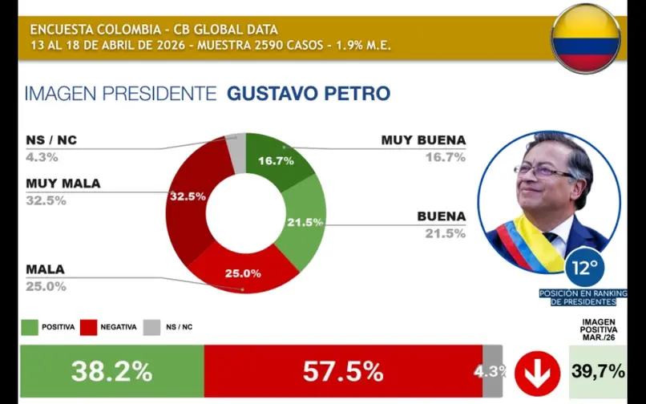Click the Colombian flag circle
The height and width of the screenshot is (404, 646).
[586, 38]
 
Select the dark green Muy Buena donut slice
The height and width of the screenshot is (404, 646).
[268, 156]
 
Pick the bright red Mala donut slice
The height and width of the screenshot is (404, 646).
[240, 271]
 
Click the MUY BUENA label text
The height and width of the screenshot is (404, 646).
[423, 140]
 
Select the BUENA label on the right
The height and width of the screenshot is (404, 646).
[441, 216]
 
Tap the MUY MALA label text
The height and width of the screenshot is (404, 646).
[63, 184]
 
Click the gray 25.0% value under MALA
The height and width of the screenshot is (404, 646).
[46, 286]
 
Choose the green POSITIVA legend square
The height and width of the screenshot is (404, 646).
[29, 327]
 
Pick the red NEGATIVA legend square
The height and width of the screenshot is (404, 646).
[88, 327]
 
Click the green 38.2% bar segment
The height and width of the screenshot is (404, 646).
[111, 371]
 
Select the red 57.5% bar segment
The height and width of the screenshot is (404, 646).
[343, 371]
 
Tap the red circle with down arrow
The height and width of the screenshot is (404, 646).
[537, 372]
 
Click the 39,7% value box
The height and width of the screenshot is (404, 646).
[597, 372]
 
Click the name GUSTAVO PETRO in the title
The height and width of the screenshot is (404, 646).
[309, 94]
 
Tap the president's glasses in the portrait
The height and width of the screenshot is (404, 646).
[545, 171]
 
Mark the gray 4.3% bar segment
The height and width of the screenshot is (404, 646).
[493, 371]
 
